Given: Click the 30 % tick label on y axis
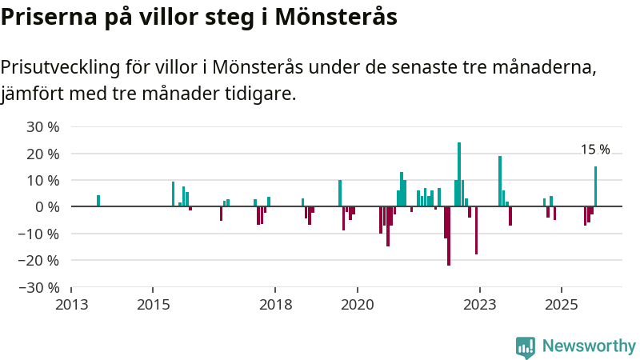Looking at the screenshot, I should pyautogui.click(x=43, y=126).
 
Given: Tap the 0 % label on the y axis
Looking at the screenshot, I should pyautogui.click(x=49, y=206).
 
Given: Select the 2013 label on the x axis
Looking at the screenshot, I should pyautogui.click(x=71, y=305).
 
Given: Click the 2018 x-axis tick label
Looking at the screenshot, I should pyautogui.click(x=275, y=305).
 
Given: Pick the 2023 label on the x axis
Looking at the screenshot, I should pyautogui.click(x=480, y=305).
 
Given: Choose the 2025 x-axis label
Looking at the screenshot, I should pyautogui.click(x=562, y=305).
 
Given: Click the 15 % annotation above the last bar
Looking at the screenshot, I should pyautogui.click(x=595, y=150).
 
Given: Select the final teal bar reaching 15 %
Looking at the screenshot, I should pyautogui.click(x=595, y=186).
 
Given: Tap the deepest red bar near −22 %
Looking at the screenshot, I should pyautogui.click(x=449, y=235).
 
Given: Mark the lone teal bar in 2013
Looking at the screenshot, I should pyautogui.click(x=98, y=201).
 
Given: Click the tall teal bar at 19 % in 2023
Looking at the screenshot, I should pyautogui.click(x=500, y=181).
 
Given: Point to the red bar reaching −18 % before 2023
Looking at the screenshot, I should pyautogui.click(x=476, y=230).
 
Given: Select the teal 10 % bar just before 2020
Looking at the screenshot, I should pyautogui.click(x=340, y=193).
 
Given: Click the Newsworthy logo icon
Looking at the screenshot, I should pyautogui.click(x=526, y=346).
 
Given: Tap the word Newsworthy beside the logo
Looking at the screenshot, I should pyautogui.click(x=589, y=346).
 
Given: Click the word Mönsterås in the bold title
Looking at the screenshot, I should pyautogui.click(x=336, y=17).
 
